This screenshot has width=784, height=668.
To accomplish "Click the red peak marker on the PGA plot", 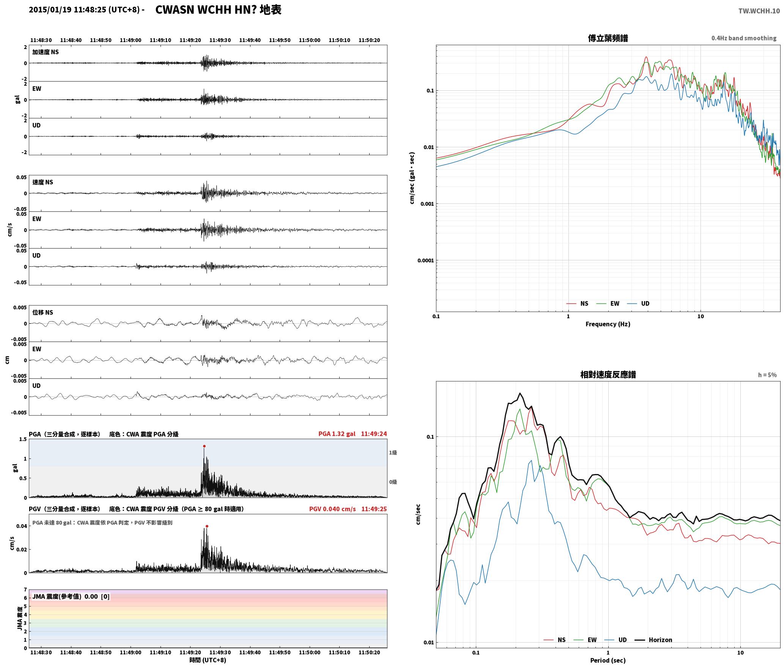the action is pos(204,446).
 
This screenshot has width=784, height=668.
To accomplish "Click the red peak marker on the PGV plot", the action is pos(207,526).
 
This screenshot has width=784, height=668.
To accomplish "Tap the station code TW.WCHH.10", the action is pos(759,11).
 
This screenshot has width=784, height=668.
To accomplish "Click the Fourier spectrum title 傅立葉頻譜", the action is pos(608,38).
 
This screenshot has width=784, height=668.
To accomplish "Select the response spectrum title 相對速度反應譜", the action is pos(608,375).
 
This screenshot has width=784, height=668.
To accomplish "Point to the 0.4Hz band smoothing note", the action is pos(744,38).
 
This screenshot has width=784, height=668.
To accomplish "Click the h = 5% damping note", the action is pos(767,375).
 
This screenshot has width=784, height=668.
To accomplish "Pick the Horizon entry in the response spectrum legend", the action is pos(653,640).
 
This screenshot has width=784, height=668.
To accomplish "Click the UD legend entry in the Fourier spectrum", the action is pos(638,304).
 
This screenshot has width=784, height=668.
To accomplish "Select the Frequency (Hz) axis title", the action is pos(608,324).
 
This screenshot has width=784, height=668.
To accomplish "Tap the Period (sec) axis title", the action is pos(608,660).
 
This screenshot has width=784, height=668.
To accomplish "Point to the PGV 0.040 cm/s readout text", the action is pos(332,509).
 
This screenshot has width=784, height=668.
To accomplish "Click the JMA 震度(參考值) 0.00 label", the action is pos(65,597).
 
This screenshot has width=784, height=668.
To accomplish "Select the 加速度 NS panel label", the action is pos(46,52).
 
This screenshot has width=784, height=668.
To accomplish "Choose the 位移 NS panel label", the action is pos(43,312).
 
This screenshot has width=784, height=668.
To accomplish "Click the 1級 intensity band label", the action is pos(393,452).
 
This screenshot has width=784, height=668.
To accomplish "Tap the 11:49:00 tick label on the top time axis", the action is pos(131,40).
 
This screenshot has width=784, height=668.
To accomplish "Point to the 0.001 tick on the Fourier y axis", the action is pos(427,204).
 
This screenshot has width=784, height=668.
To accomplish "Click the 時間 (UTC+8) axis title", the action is pos(208,660).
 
